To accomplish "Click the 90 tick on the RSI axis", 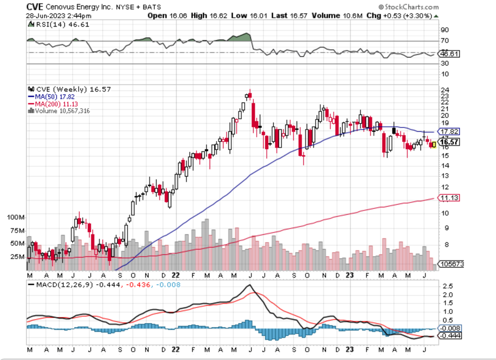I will [x=444, y=30].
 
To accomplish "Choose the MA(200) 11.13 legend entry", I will [x=55, y=104].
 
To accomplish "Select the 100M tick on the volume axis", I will [x=16, y=218].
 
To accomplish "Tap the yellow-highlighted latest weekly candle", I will [x=434, y=144].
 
